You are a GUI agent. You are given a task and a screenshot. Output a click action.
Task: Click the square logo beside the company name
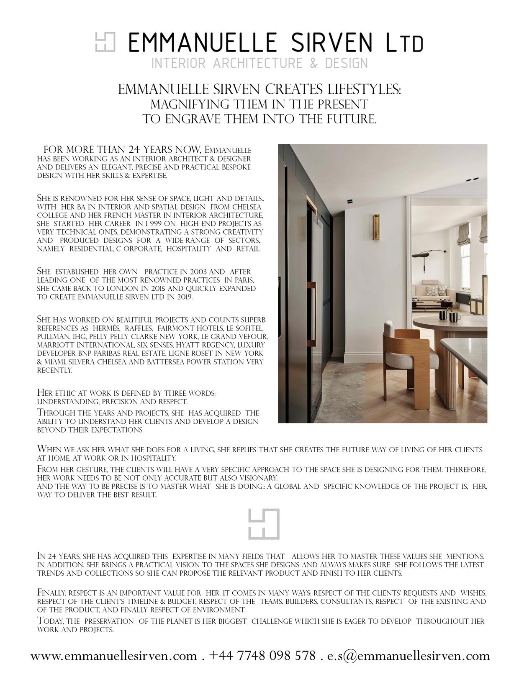pyautogui.click(x=105, y=42)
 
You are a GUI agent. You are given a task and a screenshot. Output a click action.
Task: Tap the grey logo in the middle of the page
pyautogui.click(x=264, y=524)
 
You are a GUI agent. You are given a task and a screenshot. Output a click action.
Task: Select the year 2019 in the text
pyautogui.click(x=185, y=297)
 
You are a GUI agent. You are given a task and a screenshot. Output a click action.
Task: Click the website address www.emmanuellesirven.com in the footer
pyautogui.click(x=113, y=656)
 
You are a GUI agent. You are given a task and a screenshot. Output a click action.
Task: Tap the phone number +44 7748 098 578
pyautogui.click(x=262, y=656)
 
